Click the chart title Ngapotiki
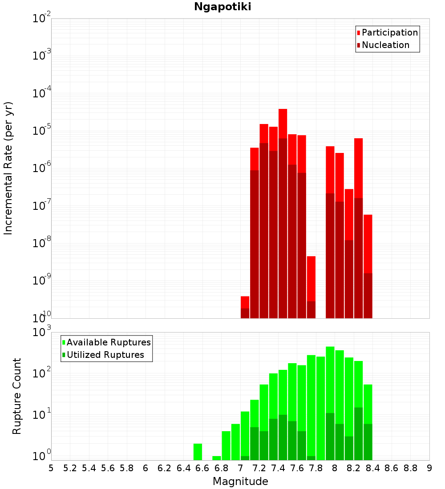pos(222,7)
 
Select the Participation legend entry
pos(389,32)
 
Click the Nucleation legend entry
pos(385,45)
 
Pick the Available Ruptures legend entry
pos(108,342)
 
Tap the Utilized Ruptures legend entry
pos(105,355)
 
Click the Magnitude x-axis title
pos(240,481)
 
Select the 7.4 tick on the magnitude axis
pos(278,468)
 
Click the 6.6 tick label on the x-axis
pos(202,468)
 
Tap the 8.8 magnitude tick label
pos(410,468)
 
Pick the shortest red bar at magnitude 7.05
pos(245,302)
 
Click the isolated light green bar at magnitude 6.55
pos(198,451)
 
